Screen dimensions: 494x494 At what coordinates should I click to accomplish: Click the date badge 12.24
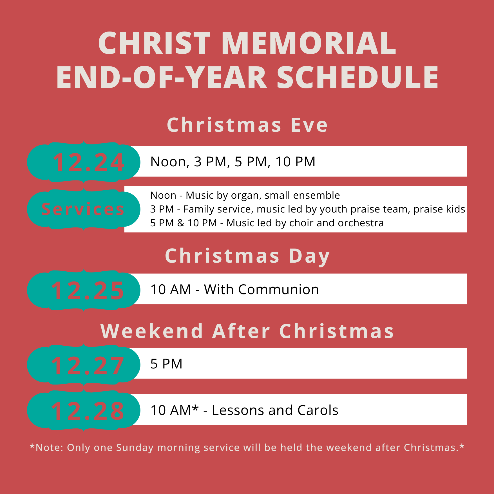(84, 162)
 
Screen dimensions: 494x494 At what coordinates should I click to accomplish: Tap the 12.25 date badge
(84, 290)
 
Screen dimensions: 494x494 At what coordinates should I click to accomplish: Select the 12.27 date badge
(84, 365)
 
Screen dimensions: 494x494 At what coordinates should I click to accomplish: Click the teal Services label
(84, 209)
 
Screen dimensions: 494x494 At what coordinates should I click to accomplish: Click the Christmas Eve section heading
(247, 125)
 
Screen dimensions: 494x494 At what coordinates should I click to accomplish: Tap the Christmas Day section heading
(247, 256)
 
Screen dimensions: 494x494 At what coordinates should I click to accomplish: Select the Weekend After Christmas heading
(247, 331)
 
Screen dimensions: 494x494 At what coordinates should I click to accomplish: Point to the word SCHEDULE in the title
(357, 78)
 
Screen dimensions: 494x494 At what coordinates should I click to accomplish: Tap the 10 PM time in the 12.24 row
(295, 162)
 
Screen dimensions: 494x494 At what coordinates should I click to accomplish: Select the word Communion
(278, 290)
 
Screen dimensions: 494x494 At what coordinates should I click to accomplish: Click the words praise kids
(439, 209)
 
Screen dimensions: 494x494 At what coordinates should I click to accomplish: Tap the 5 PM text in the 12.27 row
(166, 364)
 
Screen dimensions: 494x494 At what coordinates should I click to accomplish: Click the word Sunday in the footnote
(135, 448)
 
